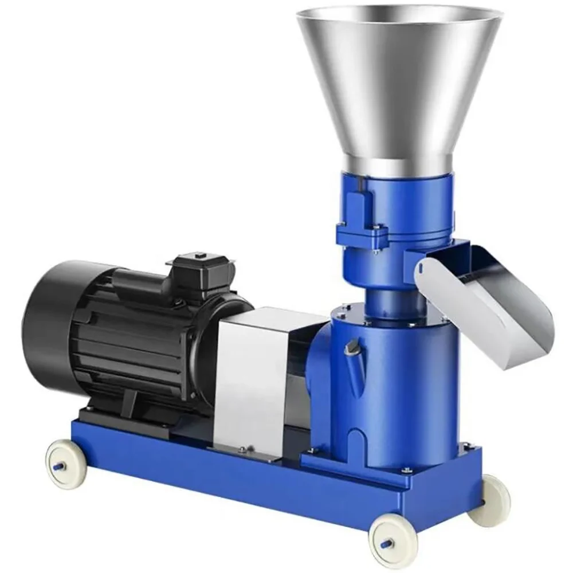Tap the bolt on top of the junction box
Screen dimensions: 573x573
click(200, 253)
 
